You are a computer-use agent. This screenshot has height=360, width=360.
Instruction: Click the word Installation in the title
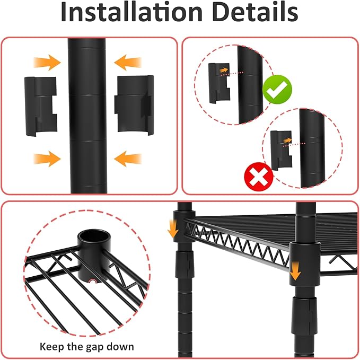(x=131, y=12)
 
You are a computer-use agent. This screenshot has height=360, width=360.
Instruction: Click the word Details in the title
(x=255, y=12)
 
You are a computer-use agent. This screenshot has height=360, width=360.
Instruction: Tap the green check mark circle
(x=277, y=90)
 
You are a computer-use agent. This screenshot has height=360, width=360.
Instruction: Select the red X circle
(x=259, y=177)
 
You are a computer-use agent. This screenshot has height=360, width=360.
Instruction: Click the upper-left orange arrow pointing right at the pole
(x=47, y=62)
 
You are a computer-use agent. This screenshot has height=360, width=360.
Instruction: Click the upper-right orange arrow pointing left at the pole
(x=128, y=62)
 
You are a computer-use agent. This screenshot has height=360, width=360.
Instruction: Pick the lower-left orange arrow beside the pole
(x=47, y=159)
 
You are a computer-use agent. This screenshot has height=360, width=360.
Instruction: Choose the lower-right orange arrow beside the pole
(x=128, y=159)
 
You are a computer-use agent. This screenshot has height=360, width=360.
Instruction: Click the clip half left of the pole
(x=41, y=106)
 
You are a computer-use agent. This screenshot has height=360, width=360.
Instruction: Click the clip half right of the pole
(x=134, y=104)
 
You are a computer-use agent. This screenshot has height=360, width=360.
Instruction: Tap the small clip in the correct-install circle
(x=219, y=83)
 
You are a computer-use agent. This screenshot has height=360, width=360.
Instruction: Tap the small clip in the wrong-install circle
(x=281, y=151)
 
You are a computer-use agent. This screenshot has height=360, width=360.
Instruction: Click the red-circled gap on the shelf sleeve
(x=93, y=281)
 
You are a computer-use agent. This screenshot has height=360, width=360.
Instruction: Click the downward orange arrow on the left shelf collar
(x=173, y=229)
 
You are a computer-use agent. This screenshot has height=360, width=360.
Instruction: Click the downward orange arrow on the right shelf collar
(x=295, y=271)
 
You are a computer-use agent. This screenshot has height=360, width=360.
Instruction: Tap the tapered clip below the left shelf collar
(x=183, y=264)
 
